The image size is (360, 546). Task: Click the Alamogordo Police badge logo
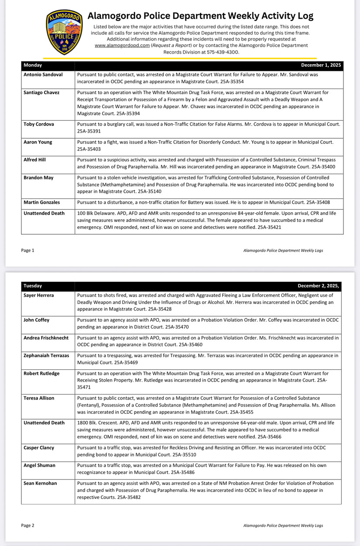point(64,32)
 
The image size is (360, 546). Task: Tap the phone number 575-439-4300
point(223,52)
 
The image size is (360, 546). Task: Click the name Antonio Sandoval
point(43,75)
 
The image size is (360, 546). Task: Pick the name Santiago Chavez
point(41,92)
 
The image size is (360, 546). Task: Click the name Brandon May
point(38,177)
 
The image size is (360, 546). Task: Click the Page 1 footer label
point(27,250)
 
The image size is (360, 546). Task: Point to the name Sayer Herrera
point(39,295)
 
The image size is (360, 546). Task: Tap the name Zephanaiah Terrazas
point(46,355)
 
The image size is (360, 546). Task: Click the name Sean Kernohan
point(41,483)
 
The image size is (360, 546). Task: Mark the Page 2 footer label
point(27,526)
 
